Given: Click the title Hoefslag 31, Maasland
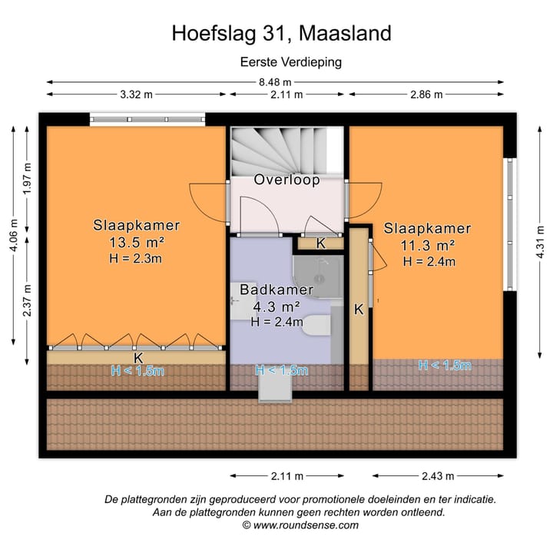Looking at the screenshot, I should tap(281, 33).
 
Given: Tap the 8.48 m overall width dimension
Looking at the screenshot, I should tap(275, 82).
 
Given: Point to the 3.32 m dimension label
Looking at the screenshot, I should tap(136, 94).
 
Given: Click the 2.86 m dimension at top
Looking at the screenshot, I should tap(426, 94).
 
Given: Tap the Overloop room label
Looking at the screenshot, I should tap(286, 180).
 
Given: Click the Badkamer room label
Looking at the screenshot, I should tap(276, 290).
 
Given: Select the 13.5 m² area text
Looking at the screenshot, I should tap(137, 242).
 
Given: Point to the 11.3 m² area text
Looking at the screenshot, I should tap(427, 246).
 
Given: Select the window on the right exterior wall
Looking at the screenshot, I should tap(508, 224).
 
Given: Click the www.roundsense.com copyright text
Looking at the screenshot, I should tap(300, 525).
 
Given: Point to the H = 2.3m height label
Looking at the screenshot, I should tap(137, 258).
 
